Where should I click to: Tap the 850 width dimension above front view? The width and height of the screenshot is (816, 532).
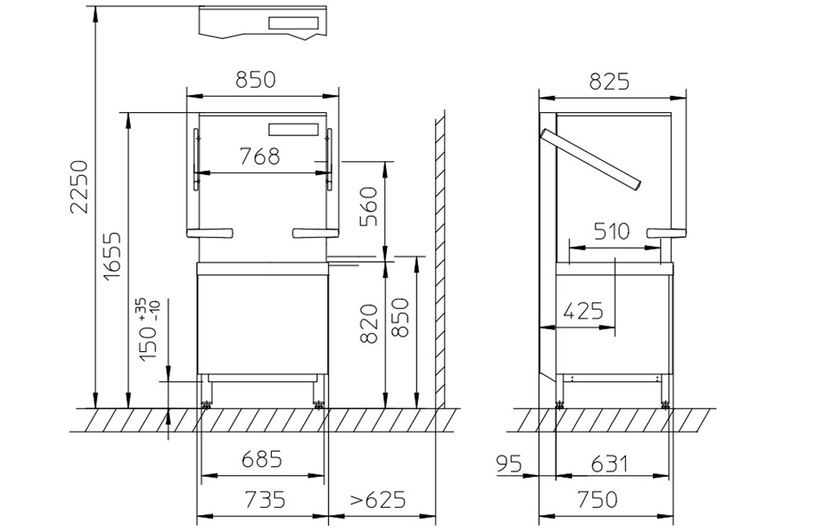point(255,79)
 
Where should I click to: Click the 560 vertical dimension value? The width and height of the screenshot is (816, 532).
point(368,206)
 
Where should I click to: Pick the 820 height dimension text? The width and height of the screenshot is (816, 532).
point(368,324)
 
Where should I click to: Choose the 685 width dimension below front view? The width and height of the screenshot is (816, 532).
point(263,459)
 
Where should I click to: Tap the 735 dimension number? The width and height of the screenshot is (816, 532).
point(265,499)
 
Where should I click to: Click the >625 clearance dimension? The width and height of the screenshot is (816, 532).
point(377,499)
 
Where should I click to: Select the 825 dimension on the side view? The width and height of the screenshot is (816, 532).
point(610,81)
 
